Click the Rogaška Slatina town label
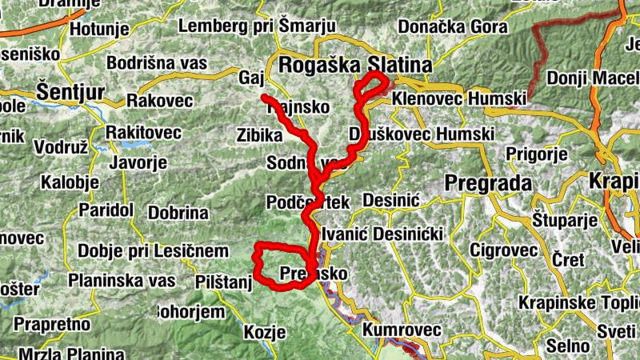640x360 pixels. pyautogui.click(x=354, y=64)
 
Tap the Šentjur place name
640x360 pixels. pyautogui.click(x=70, y=90)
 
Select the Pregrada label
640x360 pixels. pyautogui.click(x=488, y=182)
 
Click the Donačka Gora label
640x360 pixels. pyautogui.click(x=452, y=26)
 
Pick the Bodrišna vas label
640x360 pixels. pyautogui.click(x=156, y=62)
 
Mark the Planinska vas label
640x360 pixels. pyautogui.click(x=122, y=281)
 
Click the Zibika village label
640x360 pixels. pyautogui.click(x=260, y=134)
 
